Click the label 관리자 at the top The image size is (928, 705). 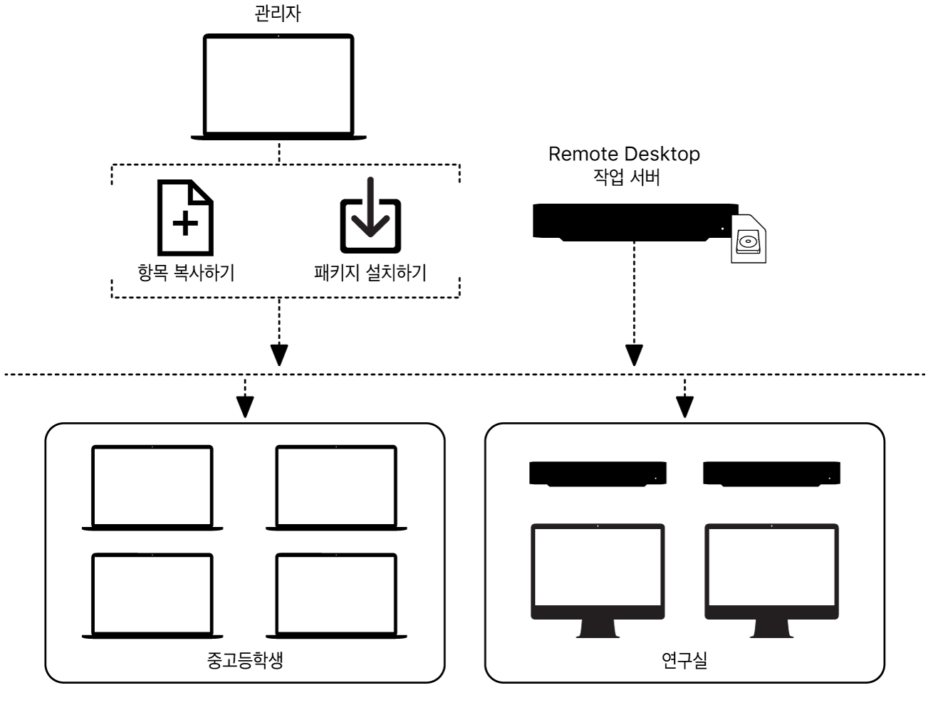(278, 14)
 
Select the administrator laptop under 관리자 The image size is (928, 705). (278, 85)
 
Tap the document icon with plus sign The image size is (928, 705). (185, 218)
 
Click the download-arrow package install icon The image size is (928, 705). (370, 217)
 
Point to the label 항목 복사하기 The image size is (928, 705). (185, 273)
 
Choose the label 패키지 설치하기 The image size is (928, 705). (370, 273)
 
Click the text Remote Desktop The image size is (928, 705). (624, 154)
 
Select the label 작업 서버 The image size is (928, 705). (626, 177)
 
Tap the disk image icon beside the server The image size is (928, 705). (749, 239)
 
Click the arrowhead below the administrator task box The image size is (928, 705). (279, 354)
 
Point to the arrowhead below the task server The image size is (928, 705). (634, 354)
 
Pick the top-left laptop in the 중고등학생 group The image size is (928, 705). (152, 487)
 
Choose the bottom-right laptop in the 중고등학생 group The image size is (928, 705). (336, 595)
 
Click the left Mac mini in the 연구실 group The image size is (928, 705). (598, 474)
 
